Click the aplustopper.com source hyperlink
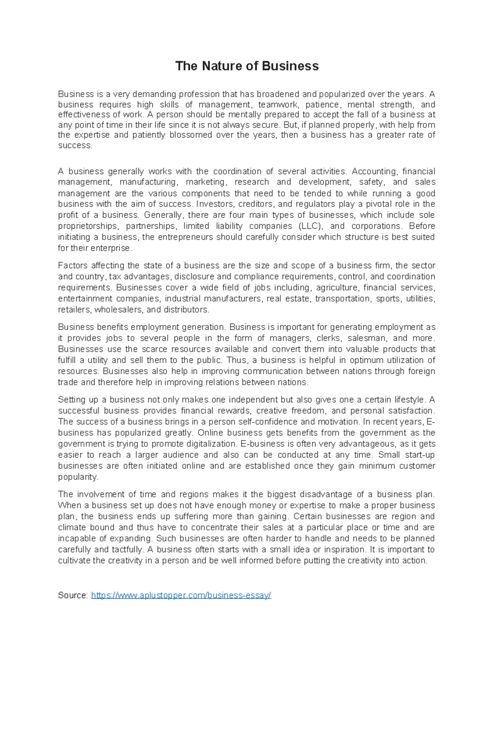tap(181, 595)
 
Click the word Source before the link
tap(72, 595)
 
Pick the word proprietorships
tap(88, 226)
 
